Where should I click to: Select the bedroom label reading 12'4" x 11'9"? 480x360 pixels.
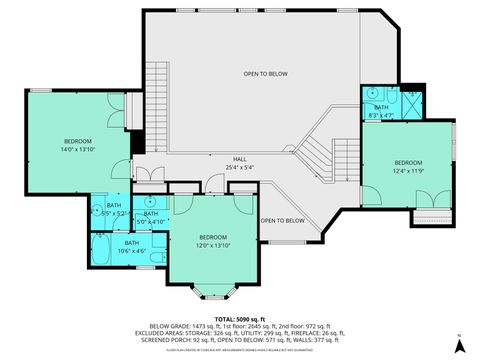point(408,166)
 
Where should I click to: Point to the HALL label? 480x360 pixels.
point(240,163)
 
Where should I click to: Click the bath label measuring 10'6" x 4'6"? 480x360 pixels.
point(132,246)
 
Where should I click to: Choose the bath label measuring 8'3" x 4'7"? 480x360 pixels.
point(381,112)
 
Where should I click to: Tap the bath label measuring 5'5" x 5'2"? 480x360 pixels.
point(114,209)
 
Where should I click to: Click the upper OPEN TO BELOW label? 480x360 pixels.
point(266,74)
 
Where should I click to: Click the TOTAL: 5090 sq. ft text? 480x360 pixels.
point(239,318)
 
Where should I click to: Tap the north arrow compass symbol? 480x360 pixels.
point(459,345)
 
